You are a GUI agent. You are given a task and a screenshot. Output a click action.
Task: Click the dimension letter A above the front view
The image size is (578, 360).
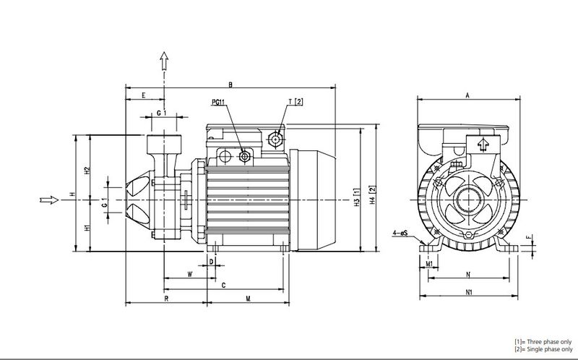(x=467, y=94)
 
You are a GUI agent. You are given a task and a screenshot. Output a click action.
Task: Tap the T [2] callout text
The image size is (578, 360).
(x=295, y=101)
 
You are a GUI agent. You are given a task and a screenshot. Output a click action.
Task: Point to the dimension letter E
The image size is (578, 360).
(x=144, y=95)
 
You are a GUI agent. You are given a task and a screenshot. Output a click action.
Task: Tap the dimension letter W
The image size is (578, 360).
(x=189, y=274)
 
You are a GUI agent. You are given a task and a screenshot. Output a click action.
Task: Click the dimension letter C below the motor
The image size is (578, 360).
(x=223, y=286)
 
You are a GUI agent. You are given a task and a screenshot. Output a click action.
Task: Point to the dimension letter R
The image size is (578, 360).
(x=166, y=297)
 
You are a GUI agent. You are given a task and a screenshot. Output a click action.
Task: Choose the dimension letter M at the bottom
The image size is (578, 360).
(x=248, y=297)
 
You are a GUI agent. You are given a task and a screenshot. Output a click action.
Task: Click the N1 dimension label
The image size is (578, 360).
(x=467, y=293)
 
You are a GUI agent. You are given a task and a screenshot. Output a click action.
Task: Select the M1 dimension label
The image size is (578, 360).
(x=429, y=264)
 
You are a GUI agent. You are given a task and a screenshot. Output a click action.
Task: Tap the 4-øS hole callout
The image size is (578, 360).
(x=402, y=233)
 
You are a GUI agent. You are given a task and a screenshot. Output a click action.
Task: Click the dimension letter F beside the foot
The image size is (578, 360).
(x=528, y=237)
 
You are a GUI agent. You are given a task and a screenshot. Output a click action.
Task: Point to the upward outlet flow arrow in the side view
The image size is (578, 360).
(x=164, y=61)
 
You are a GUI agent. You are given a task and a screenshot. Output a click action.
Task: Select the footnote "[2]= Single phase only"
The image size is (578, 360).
(x=541, y=349)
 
